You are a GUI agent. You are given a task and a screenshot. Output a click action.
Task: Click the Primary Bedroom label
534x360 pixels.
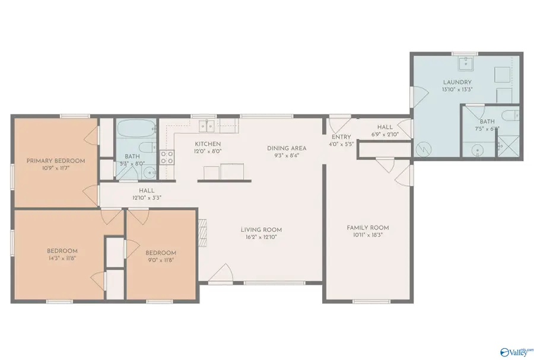(55, 161)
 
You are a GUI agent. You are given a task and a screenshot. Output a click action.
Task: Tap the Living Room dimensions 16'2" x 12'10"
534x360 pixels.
(260, 237)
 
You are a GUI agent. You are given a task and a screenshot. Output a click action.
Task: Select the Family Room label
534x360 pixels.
(367, 228)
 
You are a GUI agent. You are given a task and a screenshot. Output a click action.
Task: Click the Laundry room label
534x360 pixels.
(457, 82)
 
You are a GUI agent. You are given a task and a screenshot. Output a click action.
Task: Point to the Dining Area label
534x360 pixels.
(286, 148)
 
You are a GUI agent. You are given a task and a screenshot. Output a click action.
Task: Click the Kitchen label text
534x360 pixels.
(208, 144)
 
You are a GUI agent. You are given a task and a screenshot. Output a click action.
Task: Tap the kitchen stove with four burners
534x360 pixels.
(167, 157)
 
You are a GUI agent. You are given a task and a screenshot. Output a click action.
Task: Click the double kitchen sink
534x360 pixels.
(207, 125)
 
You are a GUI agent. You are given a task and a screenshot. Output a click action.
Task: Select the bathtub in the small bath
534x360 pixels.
(136, 128)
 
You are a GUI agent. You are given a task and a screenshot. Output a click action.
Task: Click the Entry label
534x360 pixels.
(341, 137)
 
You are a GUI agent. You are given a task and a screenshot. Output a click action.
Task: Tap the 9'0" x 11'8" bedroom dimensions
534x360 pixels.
(161, 260)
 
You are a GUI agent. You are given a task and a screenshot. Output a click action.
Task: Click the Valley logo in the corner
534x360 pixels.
(513, 351)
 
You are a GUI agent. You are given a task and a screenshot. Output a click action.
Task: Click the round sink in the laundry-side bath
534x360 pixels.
(476, 151)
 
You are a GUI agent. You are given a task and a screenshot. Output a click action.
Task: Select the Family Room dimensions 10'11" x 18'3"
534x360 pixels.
(367, 235)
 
